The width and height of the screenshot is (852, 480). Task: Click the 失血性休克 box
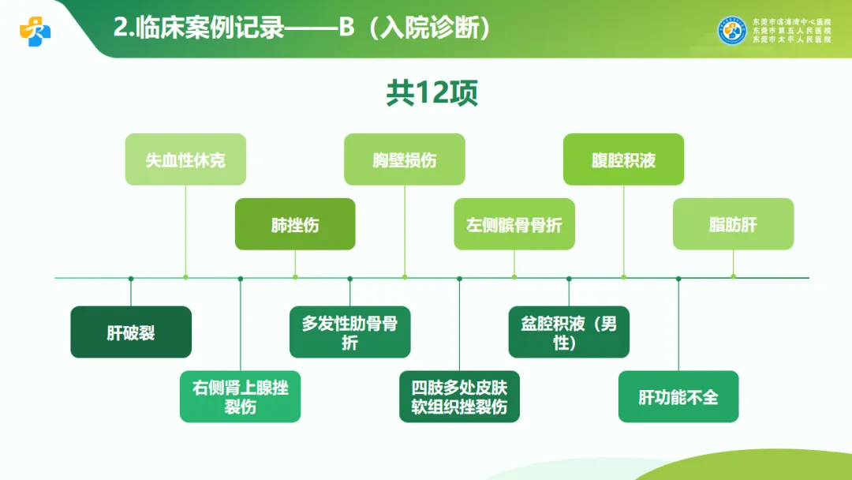click(x=185, y=159)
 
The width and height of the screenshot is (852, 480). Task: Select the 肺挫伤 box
click(x=295, y=224)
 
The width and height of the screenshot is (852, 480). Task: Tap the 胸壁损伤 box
click(x=404, y=159)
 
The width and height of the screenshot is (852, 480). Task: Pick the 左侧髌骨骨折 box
click(x=514, y=224)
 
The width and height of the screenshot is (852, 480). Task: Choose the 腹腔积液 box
click(x=623, y=159)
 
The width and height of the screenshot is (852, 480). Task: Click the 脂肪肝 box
click(x=733, y=224)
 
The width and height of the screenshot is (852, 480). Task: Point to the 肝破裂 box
click(x=131, y=332)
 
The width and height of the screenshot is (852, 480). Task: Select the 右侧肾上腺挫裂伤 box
click(x=240, y=397)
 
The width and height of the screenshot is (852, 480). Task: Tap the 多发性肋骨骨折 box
click(x=349, y=332)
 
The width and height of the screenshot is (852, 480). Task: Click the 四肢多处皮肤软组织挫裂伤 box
click(x=459, y=397)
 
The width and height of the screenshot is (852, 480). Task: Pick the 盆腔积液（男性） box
click(x=569, y=332)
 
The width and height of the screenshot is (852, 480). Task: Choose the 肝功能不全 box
click(x=678, y=397)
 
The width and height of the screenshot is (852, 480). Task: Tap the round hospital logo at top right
click(x=732, y=30)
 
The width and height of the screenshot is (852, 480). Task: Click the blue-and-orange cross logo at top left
click(x=35, y=31)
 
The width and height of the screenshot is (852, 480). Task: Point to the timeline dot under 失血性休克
click(x=185, y=277)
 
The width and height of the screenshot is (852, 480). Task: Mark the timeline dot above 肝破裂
click(x=131, y=278)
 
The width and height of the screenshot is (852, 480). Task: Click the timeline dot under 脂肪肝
click(x=733, y=277)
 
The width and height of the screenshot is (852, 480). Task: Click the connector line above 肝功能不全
click(x=678, y=324)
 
